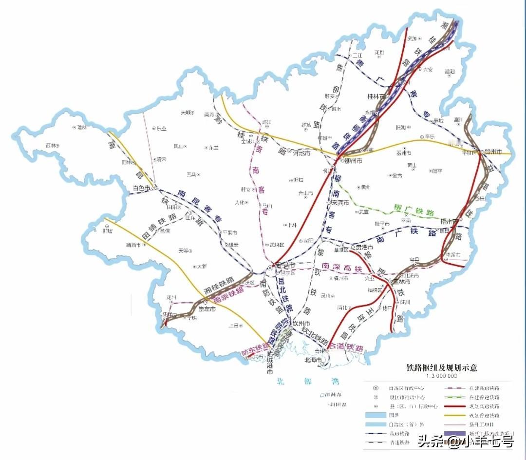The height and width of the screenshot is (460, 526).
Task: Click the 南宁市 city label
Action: click(286, 266)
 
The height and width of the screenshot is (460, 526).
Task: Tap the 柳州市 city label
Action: click(353, 160)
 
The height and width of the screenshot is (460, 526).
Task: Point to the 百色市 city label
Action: click(141, 188)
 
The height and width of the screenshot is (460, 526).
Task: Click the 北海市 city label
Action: click(313, 361)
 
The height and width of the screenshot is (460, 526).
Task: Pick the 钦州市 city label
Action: click(301, 323)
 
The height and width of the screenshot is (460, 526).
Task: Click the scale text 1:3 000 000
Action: click(441, 376)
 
